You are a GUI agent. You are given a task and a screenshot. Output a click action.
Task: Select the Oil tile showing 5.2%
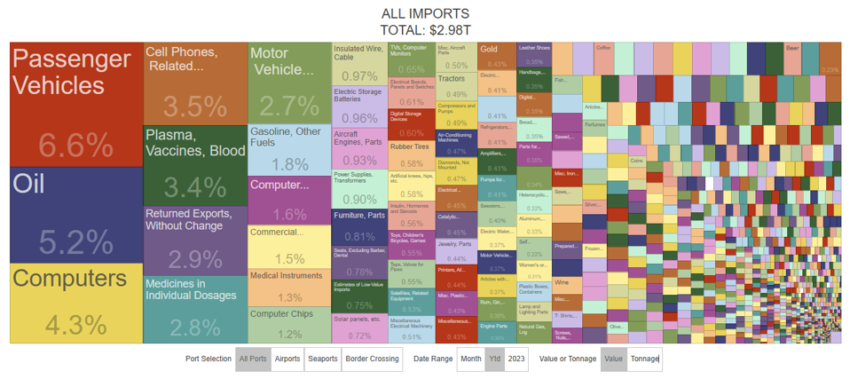click(75, 214)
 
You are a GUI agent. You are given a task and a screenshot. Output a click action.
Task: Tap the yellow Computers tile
click(75, 303)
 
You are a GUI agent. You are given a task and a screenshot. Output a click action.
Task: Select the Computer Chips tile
click(289, 324)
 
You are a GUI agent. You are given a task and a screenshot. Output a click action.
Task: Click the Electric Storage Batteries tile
click(359, 106)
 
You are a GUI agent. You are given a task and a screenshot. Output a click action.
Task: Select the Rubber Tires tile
click(412, 155)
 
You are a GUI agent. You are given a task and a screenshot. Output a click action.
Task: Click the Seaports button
click(322, 359)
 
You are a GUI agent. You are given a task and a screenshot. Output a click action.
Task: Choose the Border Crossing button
click(371, 359)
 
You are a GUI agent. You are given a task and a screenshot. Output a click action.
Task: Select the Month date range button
click(470, 359)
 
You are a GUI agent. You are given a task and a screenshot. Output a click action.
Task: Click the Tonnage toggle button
click(643, 359)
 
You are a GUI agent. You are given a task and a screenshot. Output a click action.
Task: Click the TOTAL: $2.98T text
click(425, 29)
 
